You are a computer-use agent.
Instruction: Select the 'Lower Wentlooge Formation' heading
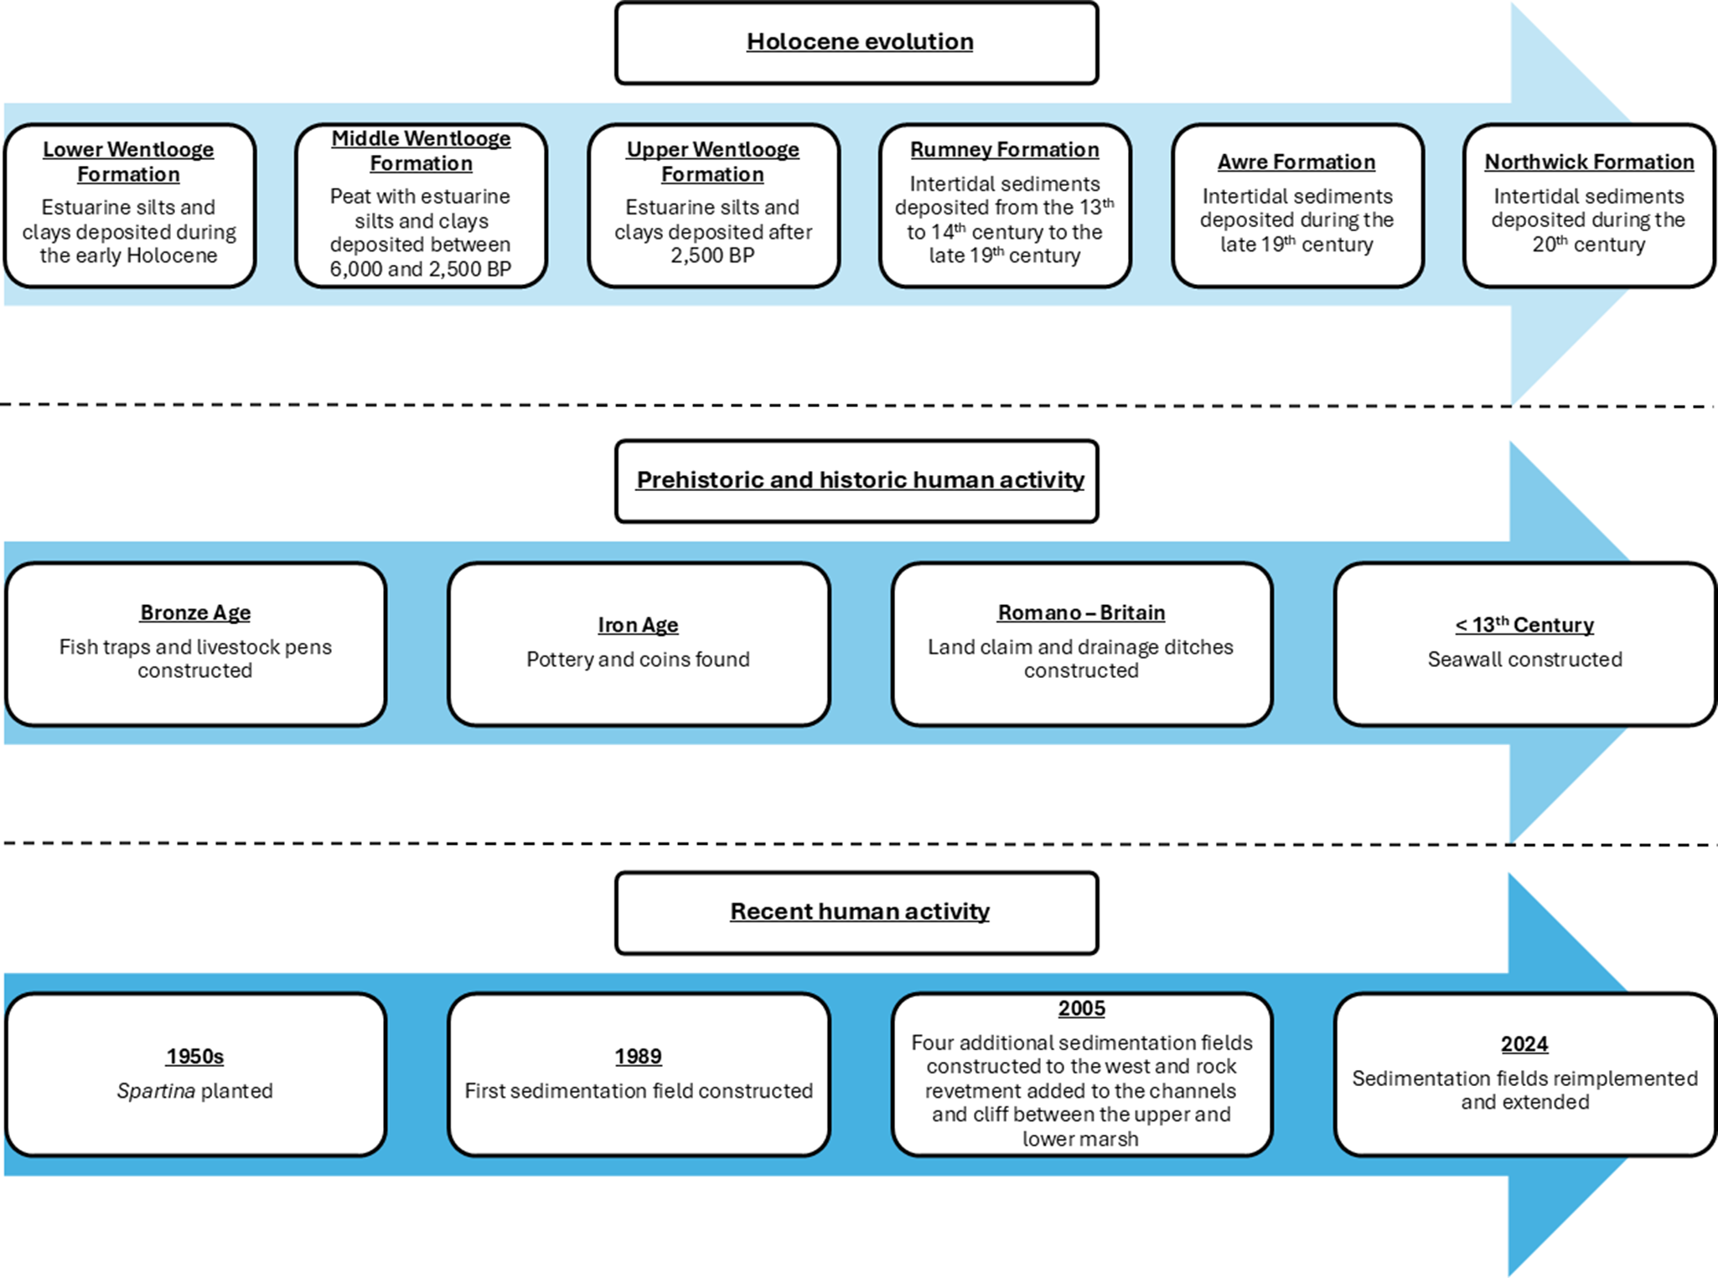[128, 162]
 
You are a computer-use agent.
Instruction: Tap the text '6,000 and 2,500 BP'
[420, 269]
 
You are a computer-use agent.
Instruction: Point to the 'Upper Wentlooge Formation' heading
[712, 162]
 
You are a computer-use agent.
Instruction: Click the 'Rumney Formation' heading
[1004, 149]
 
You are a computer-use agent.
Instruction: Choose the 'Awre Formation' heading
[1296, 162]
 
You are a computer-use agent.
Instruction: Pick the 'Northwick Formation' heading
[1588, 162]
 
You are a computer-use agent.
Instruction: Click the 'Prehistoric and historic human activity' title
[859, 479]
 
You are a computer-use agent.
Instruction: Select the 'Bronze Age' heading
[195, 613]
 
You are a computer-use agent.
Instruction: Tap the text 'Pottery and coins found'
[638, 660]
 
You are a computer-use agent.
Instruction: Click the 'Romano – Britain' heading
[1080, 613]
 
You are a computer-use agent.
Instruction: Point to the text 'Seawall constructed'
[1524, 660]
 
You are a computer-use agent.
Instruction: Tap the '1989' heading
[638, 1056]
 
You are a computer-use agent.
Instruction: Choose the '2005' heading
[1080, 1008]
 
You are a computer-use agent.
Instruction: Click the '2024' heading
[1524, 1044]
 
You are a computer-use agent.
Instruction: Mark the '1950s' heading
[194, 1056]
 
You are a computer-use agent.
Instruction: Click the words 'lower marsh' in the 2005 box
[1079, 1139]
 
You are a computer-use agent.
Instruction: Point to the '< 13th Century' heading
[1524, 625]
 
